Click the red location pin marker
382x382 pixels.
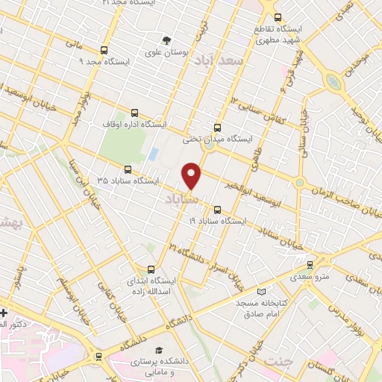[x=192, y=175]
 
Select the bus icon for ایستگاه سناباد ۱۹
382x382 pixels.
[x=217, y=210]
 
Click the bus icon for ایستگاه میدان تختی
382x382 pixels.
[x=217, y=128]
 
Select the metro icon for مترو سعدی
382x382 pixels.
[x=310, y=264]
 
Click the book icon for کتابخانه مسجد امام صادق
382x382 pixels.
[x=260, y=292]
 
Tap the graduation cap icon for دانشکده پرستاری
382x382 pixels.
[x=158, y=350]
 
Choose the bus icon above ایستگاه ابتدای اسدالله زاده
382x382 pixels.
[x=151, y=269]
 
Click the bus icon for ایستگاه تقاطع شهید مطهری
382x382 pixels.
[x=278, y=18]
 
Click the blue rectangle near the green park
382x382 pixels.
[x=154, y=154]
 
